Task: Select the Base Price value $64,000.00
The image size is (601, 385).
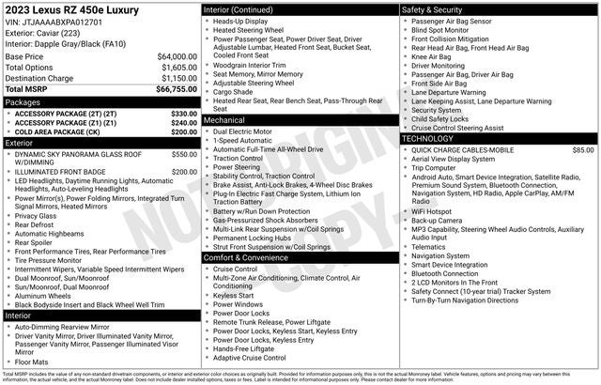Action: (177, 56)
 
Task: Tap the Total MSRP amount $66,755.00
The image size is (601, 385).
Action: (177, 90)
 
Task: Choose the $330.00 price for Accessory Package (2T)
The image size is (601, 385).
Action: (184, 113)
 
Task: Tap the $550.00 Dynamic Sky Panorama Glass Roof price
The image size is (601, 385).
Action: (184, 154)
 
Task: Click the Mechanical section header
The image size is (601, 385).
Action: (224, 120)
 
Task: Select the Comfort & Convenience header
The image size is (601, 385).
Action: (246, 257)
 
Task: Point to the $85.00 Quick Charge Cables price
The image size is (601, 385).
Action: (582, 149)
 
